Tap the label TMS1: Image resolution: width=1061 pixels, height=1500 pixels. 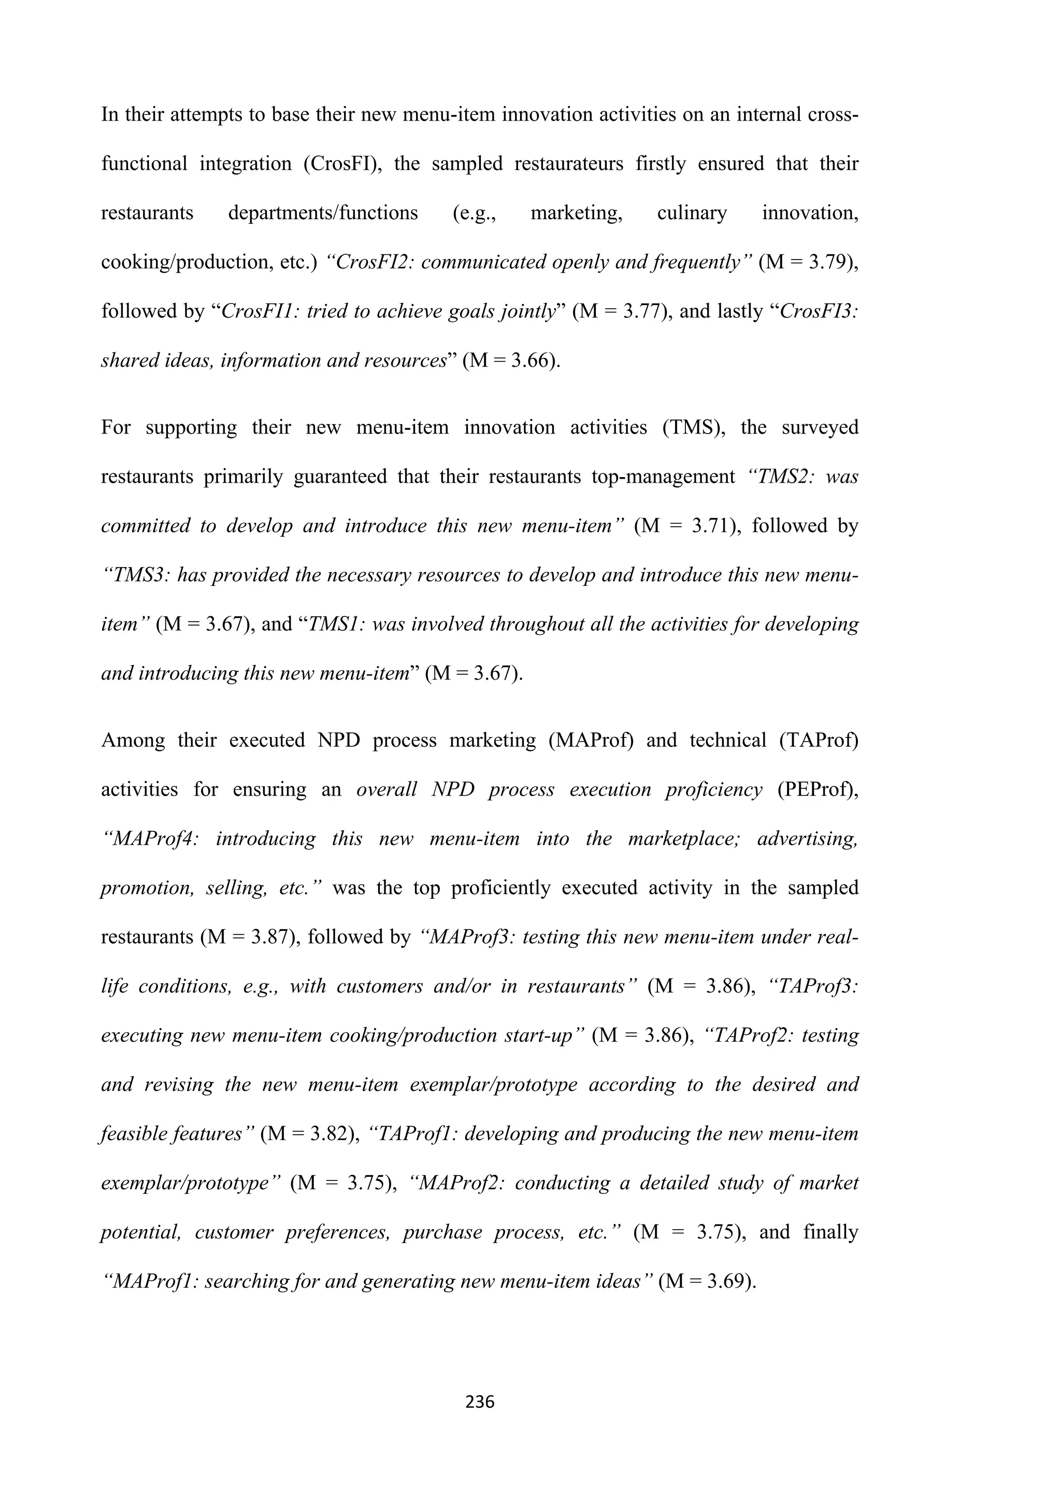click(336, 624)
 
